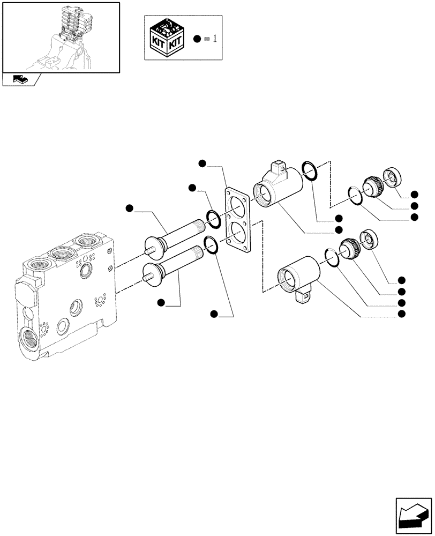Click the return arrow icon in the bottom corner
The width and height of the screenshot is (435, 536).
[x=414, y=515]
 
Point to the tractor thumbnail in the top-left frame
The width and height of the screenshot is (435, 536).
[x=60, y=36]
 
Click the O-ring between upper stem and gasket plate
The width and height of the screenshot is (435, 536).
[x=213, y=218]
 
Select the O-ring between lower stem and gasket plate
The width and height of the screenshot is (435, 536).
[x=211, y=245]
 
